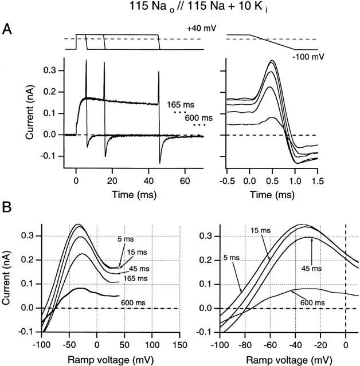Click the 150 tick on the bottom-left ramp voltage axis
pyautogui.click(x=180, y=344)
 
